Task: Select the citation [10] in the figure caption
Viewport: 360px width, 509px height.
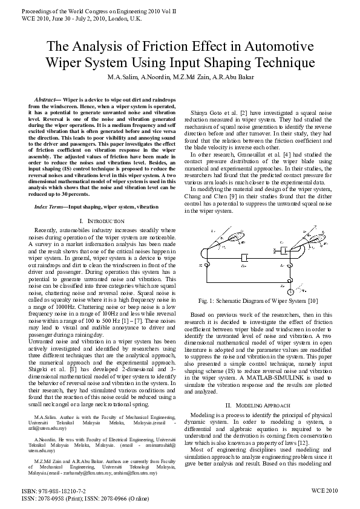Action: [312, 300]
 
